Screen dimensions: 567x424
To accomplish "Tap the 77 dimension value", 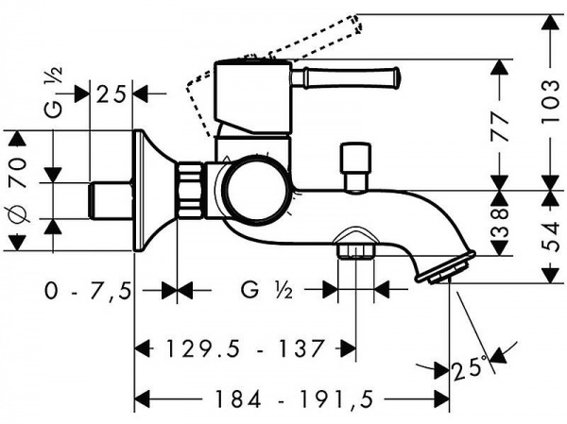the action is click(x=499, y=127).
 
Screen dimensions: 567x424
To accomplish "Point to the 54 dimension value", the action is click(x=551, y=237).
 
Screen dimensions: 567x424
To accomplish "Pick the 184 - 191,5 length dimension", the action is click(x=294, y=399).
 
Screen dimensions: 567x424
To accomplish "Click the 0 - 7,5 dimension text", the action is click(x=88, y=291).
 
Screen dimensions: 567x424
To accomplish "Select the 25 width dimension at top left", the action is click(x=111, y=94).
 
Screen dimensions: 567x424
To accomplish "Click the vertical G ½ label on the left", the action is click(x=54, y=93).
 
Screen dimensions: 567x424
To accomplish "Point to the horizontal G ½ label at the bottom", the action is click(x=266, y=290).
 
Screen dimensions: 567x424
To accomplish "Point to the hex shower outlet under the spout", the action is click(x=356, y=250).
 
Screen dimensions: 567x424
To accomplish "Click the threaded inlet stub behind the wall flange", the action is click(x=111, y=201).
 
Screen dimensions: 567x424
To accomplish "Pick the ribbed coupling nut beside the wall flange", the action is click(x=190, y=191).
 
